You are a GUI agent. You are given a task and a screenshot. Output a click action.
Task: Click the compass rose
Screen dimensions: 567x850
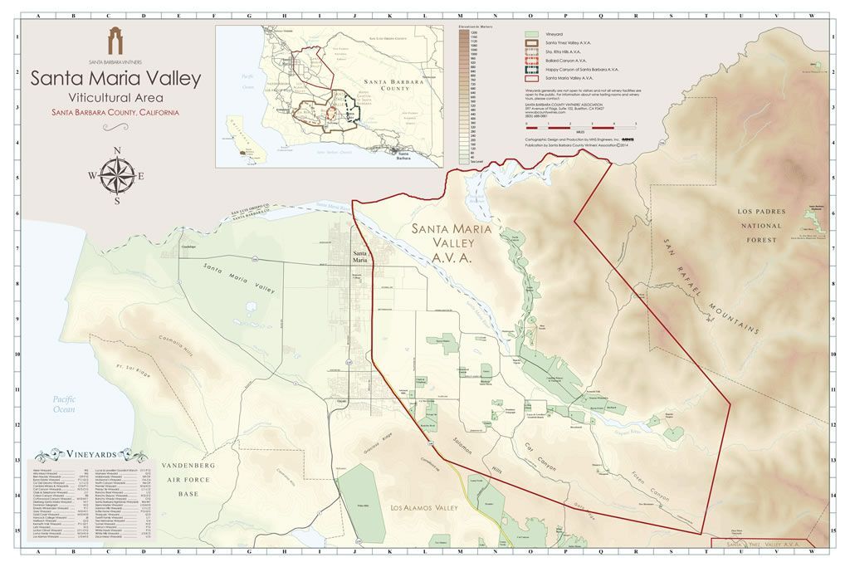(116, 175)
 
